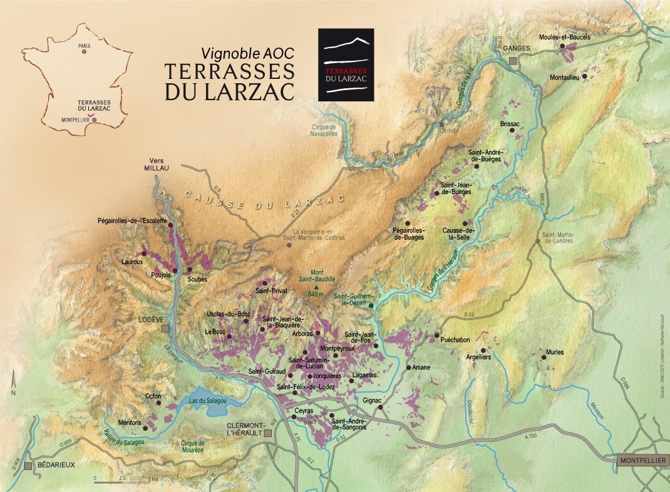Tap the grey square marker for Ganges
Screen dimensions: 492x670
(x=513, y=60)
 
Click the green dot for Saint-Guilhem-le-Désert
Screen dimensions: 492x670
(x=371, y=305)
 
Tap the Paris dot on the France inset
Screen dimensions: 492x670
(x=83, y=53)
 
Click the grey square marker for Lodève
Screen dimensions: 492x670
(x=165, y=329)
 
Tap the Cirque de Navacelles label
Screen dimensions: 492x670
(x=324, y=130)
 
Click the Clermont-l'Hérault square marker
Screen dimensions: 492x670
(x=268, y=433)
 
